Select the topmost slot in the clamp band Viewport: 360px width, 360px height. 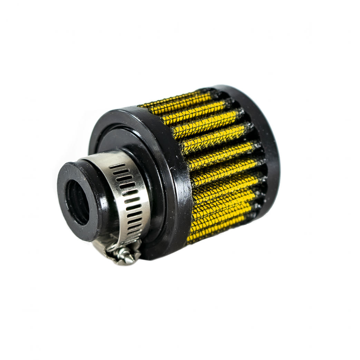pyautogui.click(x=117, y=166)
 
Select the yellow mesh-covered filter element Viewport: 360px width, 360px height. pyautogui.click(x=221, y=166)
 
